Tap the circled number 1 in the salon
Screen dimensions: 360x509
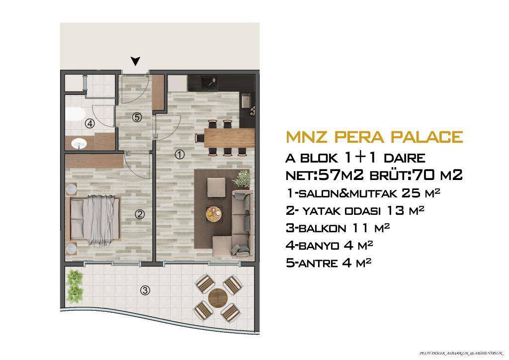pos(180,155)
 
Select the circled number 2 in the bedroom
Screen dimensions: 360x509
pos(140,214)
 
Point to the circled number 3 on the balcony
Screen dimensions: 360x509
pos(145,291)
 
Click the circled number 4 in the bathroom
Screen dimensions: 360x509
pos(89,124)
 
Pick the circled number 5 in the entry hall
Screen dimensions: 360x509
pos(137,117)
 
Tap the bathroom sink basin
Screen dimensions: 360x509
pos(79,144)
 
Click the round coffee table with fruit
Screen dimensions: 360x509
pos(214,214)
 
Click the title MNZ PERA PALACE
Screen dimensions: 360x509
pos(375,137)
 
